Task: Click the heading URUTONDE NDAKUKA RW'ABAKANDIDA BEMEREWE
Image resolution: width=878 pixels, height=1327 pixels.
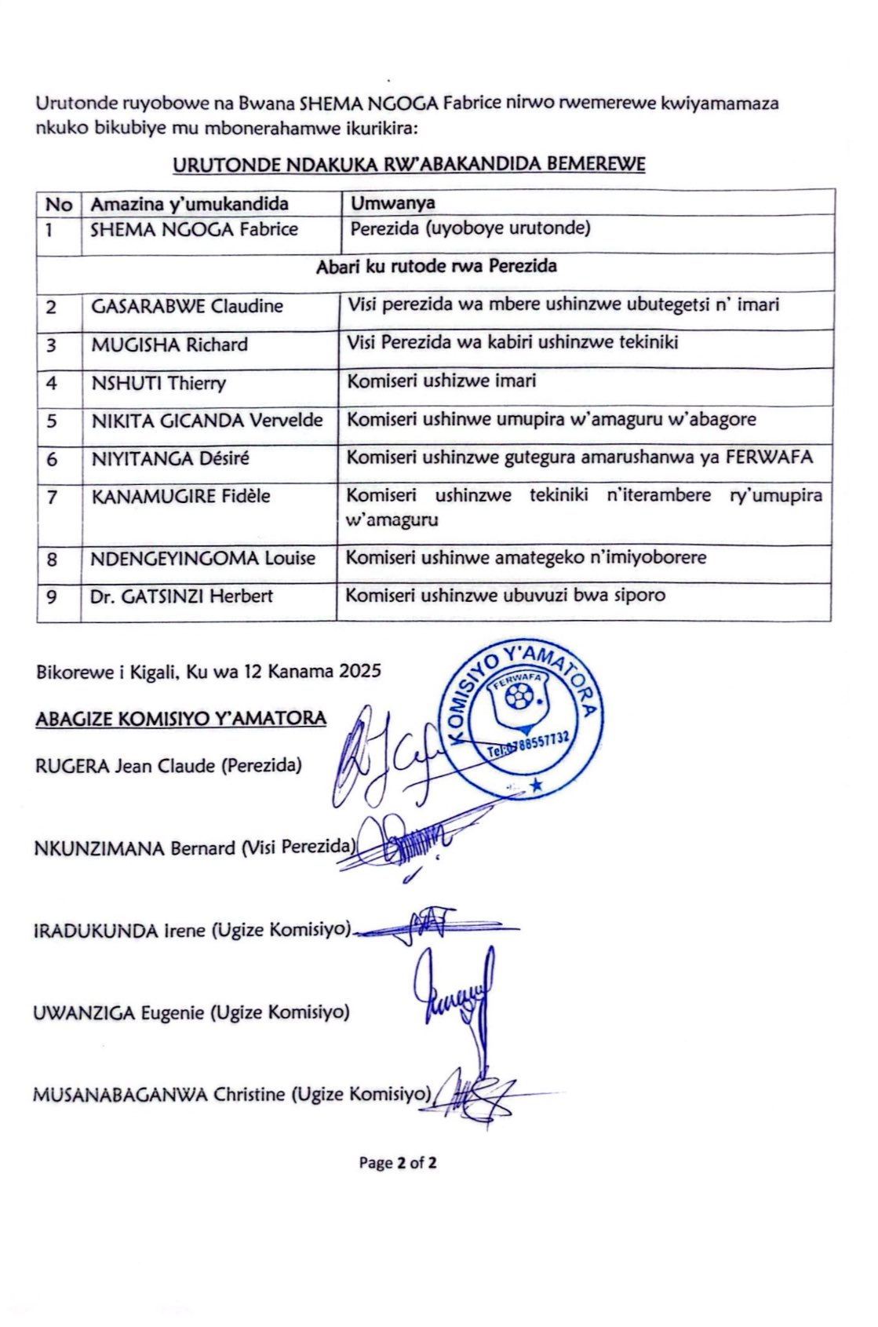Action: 409,165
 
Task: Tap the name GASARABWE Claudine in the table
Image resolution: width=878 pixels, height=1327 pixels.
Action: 187,306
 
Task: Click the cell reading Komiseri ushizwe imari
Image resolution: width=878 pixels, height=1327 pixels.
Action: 442,381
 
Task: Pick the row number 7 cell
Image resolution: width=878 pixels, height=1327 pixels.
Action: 52,496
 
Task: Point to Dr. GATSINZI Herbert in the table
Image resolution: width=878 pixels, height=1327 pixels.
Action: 181,596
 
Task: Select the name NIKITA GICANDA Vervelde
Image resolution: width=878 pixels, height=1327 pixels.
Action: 207,420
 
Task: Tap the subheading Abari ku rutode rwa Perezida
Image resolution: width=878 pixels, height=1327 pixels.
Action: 436,266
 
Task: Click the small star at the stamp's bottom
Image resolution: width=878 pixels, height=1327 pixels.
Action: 537,784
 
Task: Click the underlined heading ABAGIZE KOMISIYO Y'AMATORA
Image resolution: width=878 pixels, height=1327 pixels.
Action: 180,718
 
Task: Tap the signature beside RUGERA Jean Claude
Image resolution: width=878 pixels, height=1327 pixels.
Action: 384,758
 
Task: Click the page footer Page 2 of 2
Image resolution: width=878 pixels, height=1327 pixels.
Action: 398,1163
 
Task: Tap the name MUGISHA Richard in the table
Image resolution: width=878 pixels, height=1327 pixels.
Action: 169,345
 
